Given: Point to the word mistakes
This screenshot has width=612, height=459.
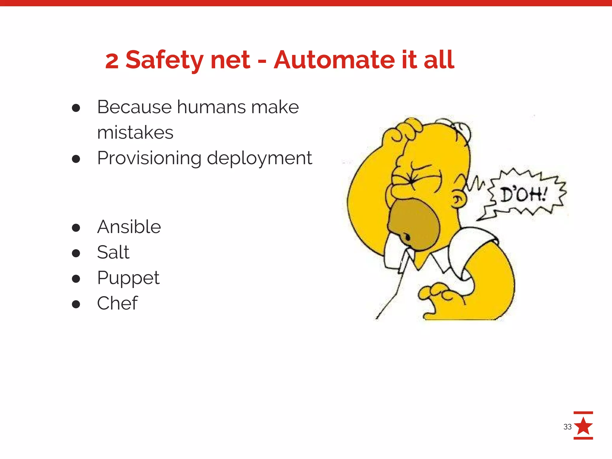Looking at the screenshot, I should coord(135,132).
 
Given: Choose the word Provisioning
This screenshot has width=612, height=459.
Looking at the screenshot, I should coord(149,158).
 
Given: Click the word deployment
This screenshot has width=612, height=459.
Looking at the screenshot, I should coord(259,158).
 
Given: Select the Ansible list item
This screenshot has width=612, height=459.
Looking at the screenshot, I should coord(129,227).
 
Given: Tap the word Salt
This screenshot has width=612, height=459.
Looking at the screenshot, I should coord(113,252).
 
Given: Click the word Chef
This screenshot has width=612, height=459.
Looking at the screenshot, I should coord(117,303).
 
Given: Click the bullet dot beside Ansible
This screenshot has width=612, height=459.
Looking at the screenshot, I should coord(76,228).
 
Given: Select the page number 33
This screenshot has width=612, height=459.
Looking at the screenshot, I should coord(567,427).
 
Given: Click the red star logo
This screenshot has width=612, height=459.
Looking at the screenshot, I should coord(583,426).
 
